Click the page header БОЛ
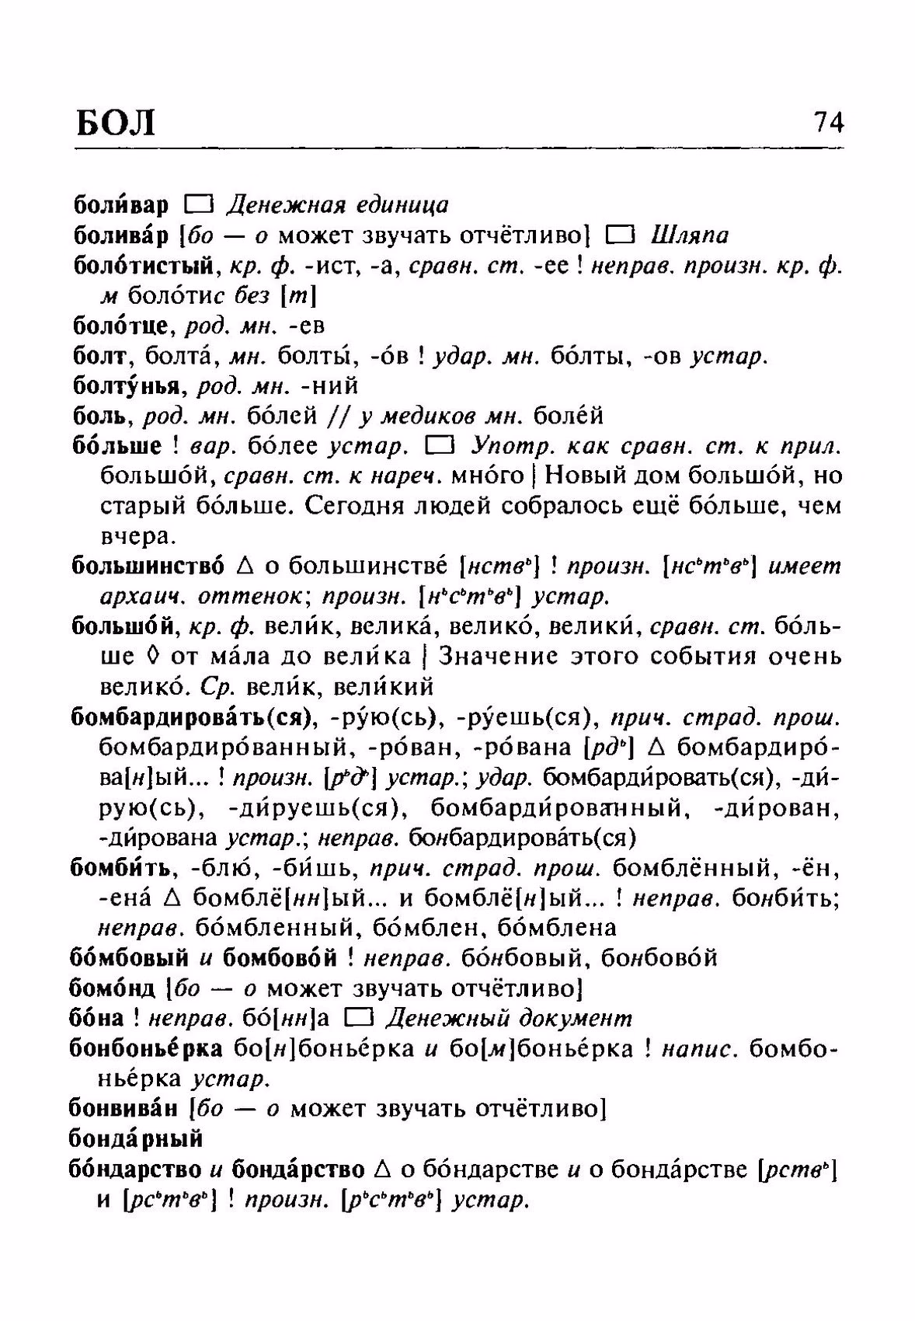pos(117,124)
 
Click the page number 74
pos(828,122)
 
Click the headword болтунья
pos(129,385)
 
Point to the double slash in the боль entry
pos(339,417)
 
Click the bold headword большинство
pos(148,566)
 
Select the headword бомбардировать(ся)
pos(190,717)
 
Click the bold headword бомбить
pos(124,867)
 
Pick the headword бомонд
pos(114,988)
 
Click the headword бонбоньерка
pos(146,1048)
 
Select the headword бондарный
pos(136,1138)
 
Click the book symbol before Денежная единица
pos(198,205)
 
